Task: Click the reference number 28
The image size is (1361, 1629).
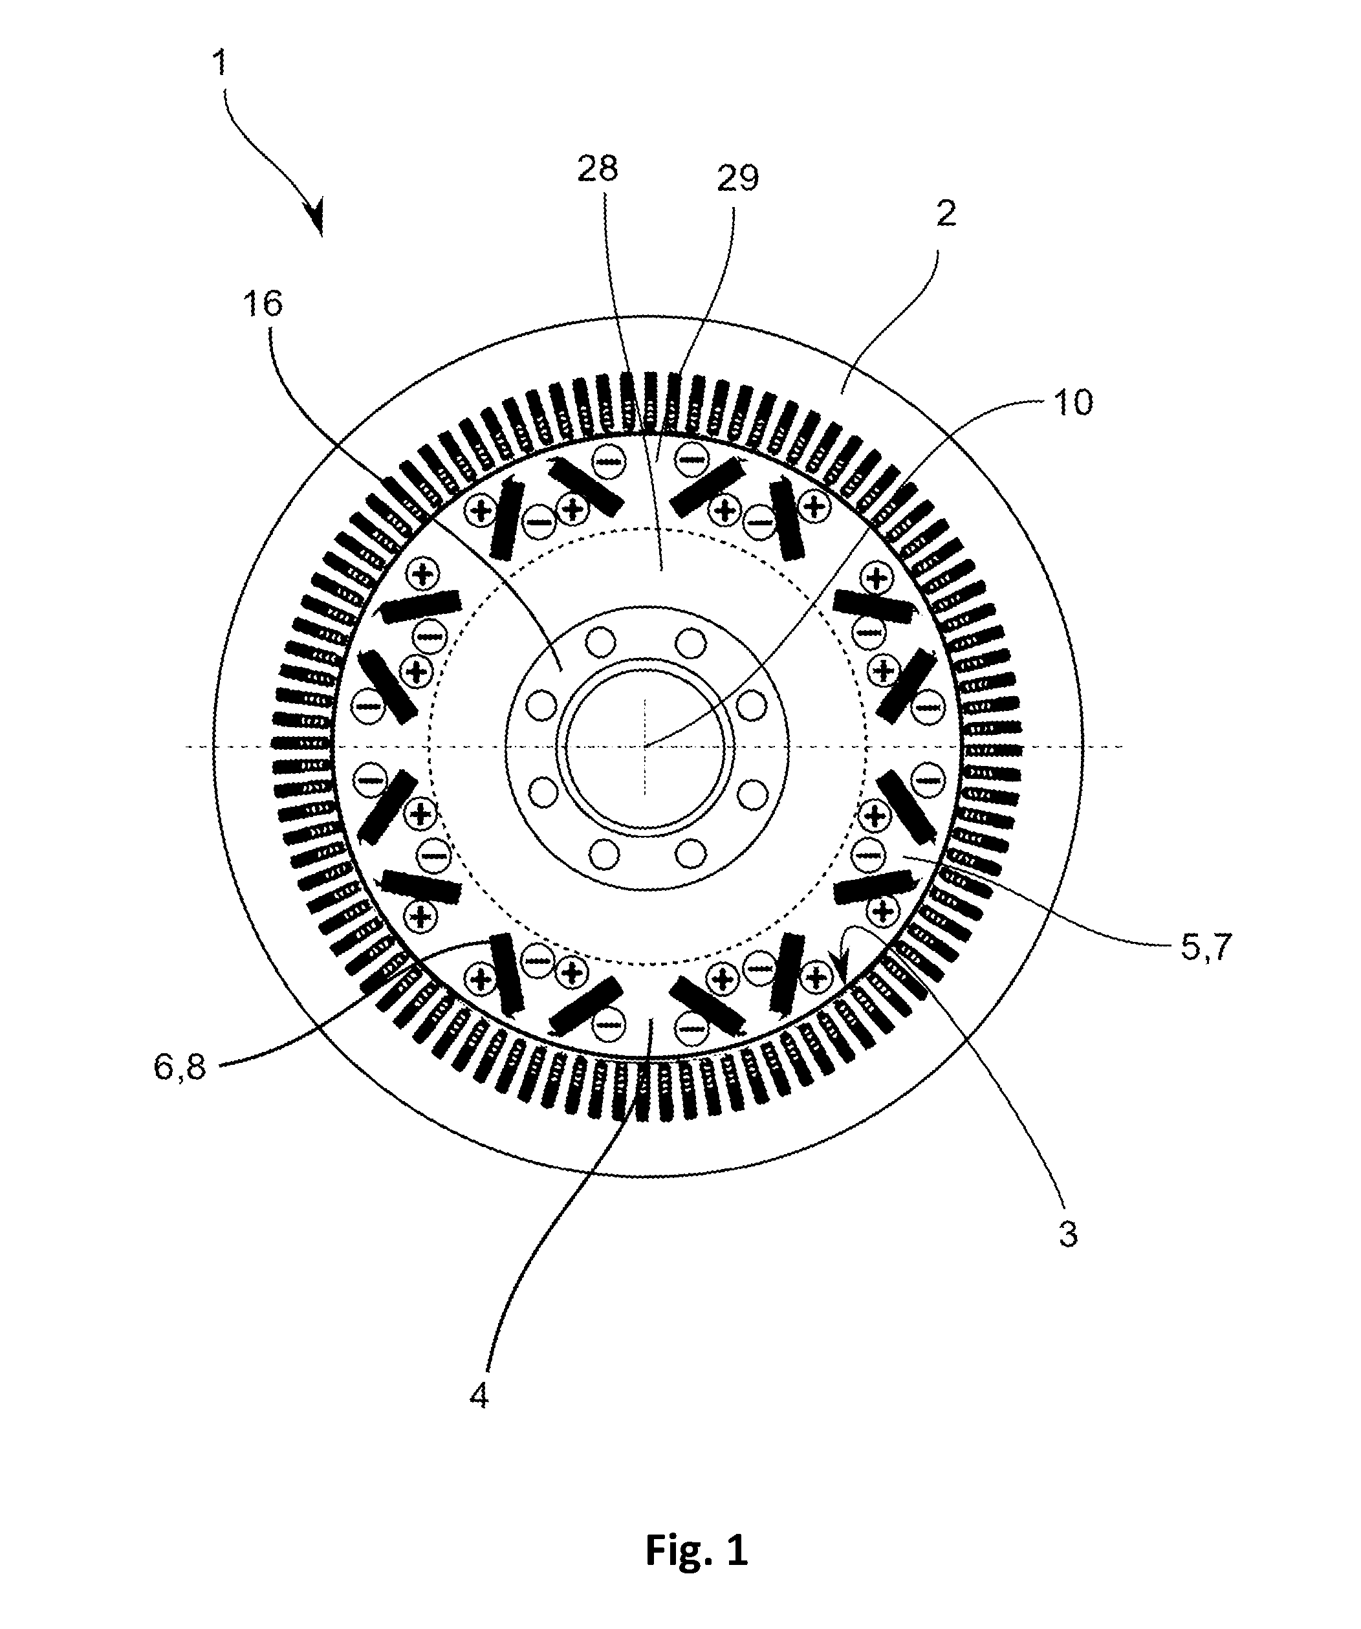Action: (597, 168)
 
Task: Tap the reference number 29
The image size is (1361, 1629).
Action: (737, 179)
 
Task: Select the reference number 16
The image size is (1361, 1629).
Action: (263, 303)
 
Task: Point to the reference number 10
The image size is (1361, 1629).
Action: (1074, 402)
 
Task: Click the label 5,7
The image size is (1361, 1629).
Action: (1206, 948)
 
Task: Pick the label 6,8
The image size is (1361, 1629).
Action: (180, 1068)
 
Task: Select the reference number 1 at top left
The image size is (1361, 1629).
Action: (220, 62)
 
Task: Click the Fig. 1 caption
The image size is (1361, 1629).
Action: (697, 1550)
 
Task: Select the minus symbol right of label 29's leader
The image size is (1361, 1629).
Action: (690, 459)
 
